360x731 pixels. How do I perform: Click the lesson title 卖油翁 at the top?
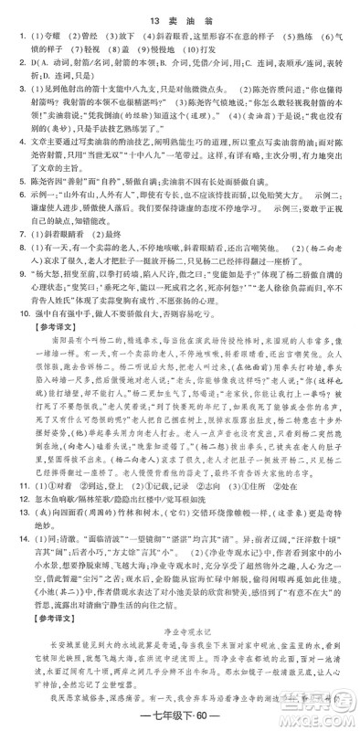coord(194,12)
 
